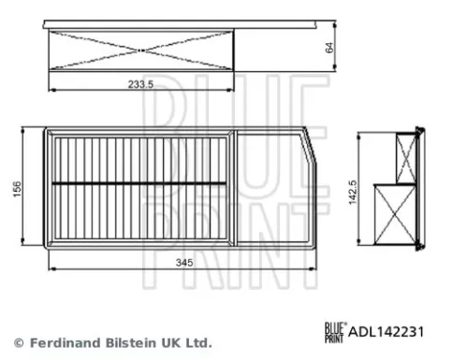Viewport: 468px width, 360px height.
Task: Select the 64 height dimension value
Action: tap(329, 47)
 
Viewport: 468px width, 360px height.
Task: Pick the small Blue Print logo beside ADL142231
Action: tap(335, 330)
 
